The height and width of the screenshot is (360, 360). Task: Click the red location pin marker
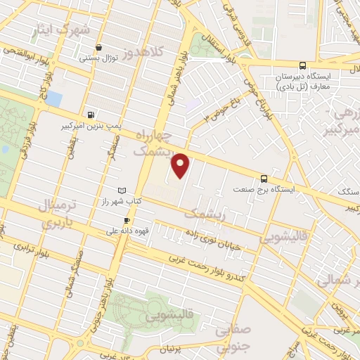tap(181, 165)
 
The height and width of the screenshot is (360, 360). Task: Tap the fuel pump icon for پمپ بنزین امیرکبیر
tap(91, 115)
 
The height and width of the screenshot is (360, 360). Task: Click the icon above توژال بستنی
tap(98, 49)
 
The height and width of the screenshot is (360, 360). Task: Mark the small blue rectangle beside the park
tap(54, 98)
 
